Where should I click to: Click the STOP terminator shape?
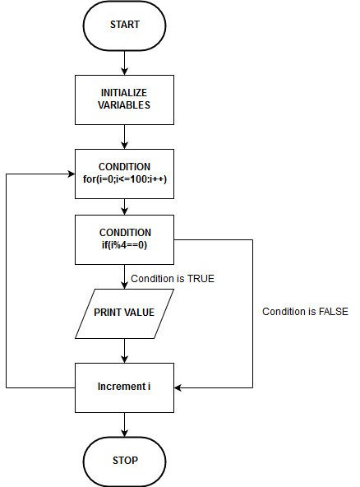point(124,460)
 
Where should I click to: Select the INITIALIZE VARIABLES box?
point(124,100)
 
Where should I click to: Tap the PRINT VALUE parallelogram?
point(124,313)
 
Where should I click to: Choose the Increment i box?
point(124,387)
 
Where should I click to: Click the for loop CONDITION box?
point(124,173)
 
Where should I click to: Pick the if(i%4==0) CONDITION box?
point(124,239)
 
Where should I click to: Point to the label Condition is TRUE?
point(173,278)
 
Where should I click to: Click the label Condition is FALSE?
point(305,311)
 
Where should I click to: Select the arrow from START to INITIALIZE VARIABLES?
point(124,62)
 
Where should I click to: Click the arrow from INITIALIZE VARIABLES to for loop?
point(124,136)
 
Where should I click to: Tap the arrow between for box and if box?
point(124,206)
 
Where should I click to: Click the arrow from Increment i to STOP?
point(124,424)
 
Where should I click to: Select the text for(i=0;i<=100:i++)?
point(124,179)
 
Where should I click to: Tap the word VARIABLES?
point(124,106)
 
